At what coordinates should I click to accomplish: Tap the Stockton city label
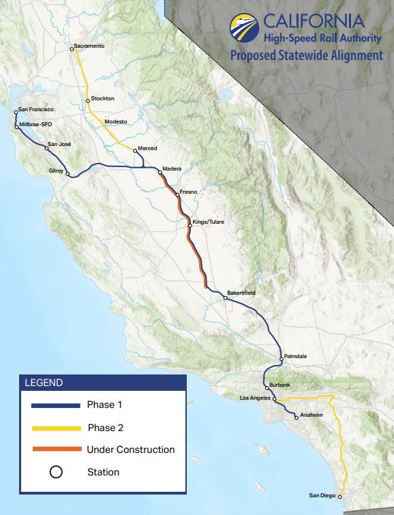(102, 99)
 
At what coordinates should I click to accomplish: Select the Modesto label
(116, 121)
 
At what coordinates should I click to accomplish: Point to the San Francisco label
(36, 109)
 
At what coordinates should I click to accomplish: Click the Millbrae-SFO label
(36, 124)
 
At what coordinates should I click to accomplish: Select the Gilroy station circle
(67, 174)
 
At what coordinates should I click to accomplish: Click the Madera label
(172, 168)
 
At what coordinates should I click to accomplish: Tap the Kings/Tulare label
(209, 222)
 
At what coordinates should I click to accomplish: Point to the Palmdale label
(296, 356)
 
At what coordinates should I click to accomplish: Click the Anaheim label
(310, 415)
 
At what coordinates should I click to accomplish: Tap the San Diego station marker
(340, 496)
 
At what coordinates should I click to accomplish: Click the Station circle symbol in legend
(56, 472)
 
